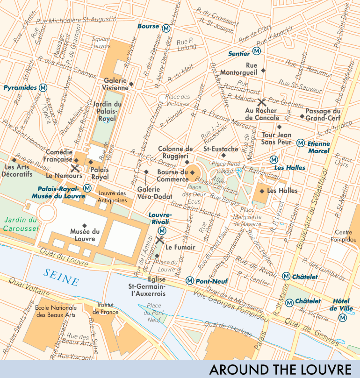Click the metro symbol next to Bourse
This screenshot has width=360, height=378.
click(x=166, y=27)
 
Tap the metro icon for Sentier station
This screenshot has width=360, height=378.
click(x=256, y=51)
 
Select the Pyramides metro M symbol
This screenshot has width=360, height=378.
click(x=43, y=87)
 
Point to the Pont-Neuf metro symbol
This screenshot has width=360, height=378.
click(x=189, y=280)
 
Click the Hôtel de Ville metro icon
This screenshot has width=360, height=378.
click(x=343, y=318)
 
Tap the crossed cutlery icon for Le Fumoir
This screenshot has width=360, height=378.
click(x=159, y=240)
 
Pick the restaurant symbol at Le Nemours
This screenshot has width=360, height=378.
click(x=75, y=168)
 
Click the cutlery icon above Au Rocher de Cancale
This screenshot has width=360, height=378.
click(x=262, y=101)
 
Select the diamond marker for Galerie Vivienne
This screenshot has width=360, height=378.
click(x=131, y=85)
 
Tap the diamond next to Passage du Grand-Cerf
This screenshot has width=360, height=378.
click(x=302, y=116)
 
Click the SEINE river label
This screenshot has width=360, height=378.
click(x=61, y=278)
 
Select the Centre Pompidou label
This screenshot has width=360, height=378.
click(x=347, y=236)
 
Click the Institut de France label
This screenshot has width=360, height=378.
click(x=105, y=308)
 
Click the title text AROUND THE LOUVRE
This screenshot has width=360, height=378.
click(x=280, y=369)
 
